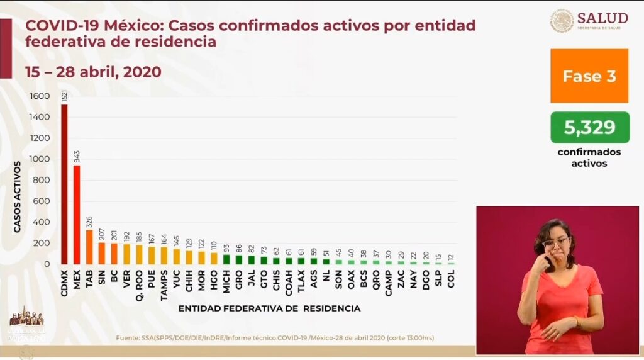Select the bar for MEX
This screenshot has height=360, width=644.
click(77, 215)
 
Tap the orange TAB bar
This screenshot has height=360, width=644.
click(89, 247)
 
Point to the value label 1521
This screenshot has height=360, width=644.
click(64, 97)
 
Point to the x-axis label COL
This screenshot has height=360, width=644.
click(450, 278)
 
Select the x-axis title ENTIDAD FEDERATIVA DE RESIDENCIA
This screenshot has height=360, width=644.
click(269, 308)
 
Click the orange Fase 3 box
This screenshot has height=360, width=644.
click(589, 76)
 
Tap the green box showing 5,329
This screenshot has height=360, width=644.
click(589, 128)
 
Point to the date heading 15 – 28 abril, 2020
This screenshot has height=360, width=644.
click(93, 72)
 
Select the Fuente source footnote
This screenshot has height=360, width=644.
click(275, 338)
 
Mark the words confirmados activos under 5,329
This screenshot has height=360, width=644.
click(589, 157)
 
